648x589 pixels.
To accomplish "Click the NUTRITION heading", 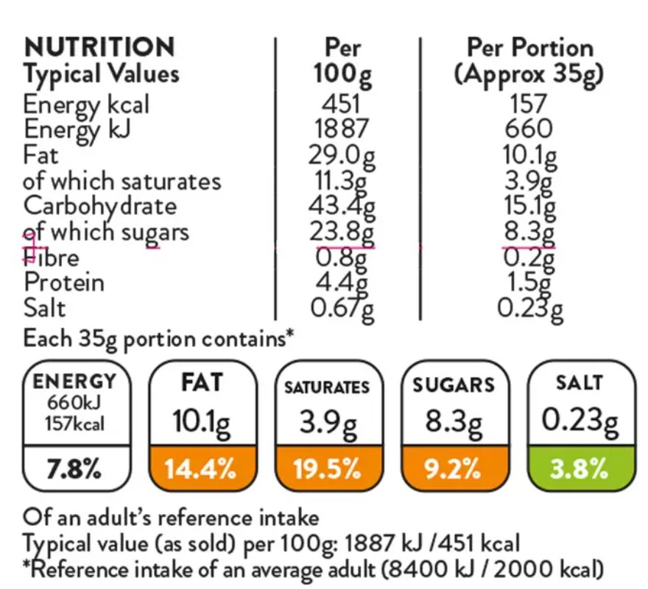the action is click(x=99, y=47).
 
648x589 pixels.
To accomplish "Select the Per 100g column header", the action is click(x=342, y=62).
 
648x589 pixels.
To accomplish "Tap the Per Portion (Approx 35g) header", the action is click(x=529, y=62).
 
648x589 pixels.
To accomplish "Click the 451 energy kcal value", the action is click(x=342, y=104).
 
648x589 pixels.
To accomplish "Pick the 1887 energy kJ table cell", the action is click(x=342, y=129).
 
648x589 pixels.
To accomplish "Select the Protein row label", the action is click(x=64, y=283).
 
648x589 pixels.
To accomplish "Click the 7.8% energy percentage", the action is click(x=74, y=469).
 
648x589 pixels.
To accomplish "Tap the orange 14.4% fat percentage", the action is click(x=200, y=469).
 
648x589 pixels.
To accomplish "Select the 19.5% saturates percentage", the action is click(x=327, y=469).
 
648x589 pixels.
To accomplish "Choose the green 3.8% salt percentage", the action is click(x=579, y=469).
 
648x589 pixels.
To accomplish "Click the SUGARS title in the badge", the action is click(x=454, y=385).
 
